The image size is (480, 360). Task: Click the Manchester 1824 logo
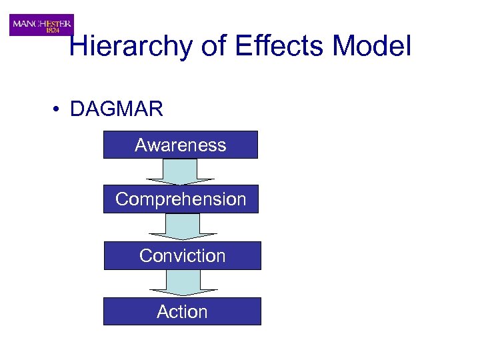(x=41, y=25)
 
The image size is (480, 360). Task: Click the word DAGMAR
(x=116, y=109)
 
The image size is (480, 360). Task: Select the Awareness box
(x=180, y=145)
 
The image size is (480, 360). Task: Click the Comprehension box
(x=181, y=199)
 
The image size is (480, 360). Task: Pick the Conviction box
(x=182, y=255)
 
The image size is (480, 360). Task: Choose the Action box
(x=182, y=311)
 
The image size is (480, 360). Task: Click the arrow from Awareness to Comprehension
(x=180, y=171)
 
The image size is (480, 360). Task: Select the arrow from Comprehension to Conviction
(x=183, y=226)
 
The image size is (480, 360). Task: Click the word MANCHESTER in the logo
(x=41, y=21)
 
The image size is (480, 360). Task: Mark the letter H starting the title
(x=79, y=47)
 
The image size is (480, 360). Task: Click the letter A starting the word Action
(x=162, y=311)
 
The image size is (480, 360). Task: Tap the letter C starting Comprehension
(x=122, y=199)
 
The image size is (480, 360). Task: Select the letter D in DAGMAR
(x=76, y=109)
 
